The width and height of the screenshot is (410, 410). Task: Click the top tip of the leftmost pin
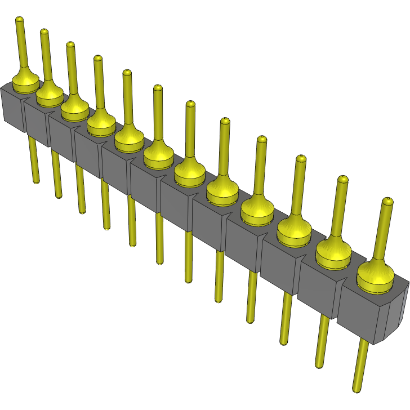point(19,20)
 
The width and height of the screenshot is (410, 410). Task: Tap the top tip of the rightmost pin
point(387,201)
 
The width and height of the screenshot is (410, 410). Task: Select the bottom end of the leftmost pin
point(37,181)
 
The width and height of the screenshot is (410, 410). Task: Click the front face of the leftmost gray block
point(12,109)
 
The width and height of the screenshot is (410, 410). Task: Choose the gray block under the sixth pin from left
point(146,188)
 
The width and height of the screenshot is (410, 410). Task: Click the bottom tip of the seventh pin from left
point(188,280)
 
